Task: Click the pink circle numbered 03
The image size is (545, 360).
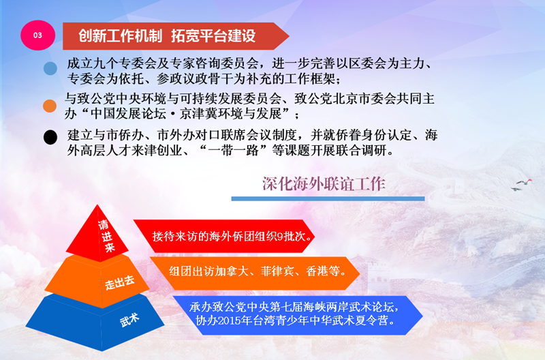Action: [x=38, y=35]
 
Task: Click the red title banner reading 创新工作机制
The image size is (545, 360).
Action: [x=176, y=36]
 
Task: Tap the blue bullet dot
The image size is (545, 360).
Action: [x=50, y=68]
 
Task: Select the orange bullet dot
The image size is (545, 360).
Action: [x=50, y=106]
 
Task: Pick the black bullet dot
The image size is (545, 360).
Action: [x=50, y=138]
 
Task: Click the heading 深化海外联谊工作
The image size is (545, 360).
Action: [x=324, y=184]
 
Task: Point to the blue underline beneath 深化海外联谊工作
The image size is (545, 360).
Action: [x=328, y=199]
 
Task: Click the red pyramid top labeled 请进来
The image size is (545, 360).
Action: [x=97, y=233]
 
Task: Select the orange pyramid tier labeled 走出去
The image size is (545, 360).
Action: [x=97, y=281]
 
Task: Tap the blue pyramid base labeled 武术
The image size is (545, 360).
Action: [x=95, y=322]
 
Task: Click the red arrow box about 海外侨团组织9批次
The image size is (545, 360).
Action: [x=224, y=236]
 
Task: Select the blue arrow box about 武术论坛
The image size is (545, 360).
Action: [x=298, y=316]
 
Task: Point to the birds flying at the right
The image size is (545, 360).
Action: [x=521, y=185]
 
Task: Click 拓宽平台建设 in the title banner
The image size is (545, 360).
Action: [x=213, y=36]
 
